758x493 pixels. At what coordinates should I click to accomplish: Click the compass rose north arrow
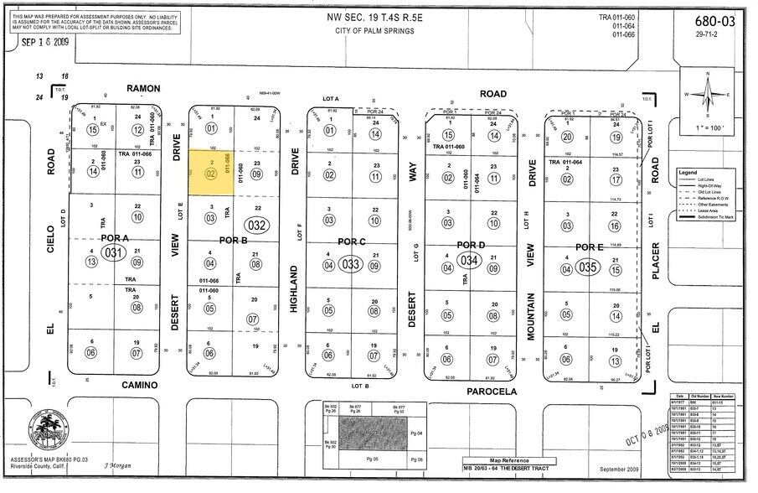709,95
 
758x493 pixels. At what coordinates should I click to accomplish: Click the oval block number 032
257,225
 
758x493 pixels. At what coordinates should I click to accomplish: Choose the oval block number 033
352,263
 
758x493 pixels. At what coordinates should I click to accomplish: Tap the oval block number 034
470,261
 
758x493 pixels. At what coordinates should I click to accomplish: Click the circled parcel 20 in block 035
567,137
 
